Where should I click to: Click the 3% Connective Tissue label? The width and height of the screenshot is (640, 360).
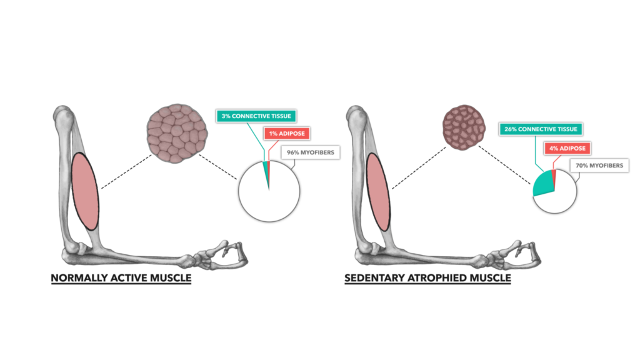[255, 116]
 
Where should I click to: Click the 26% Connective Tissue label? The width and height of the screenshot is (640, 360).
[540, 129]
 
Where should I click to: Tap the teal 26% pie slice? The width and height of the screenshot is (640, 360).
[543, 184]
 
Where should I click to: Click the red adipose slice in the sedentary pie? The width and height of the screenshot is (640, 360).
[554, 176]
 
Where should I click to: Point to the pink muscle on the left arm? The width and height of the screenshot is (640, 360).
[86, 191]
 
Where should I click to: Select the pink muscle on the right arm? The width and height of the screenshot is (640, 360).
[377, 191]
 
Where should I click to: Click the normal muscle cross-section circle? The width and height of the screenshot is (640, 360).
[177, 133]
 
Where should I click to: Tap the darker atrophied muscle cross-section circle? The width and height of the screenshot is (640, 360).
[463, 129]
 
